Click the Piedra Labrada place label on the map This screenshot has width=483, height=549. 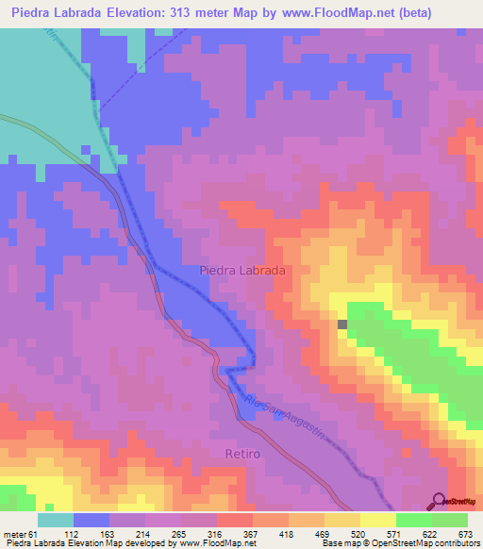pyautogui.click(x=242, y=270)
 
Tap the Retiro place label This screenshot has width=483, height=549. pyautogui.click(x=242, y=454)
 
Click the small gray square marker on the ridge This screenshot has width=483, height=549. pyautogui.click(x=342, y=324)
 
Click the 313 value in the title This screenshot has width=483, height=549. pyautogui.click(x=214, y=14)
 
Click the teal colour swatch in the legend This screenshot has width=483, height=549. pyautogui.click(x=56, y=520)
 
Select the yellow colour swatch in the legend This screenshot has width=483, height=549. pyautogui.click(x=377, y=520)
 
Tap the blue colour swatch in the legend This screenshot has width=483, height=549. pyautogui.click(x=92, y=520)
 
